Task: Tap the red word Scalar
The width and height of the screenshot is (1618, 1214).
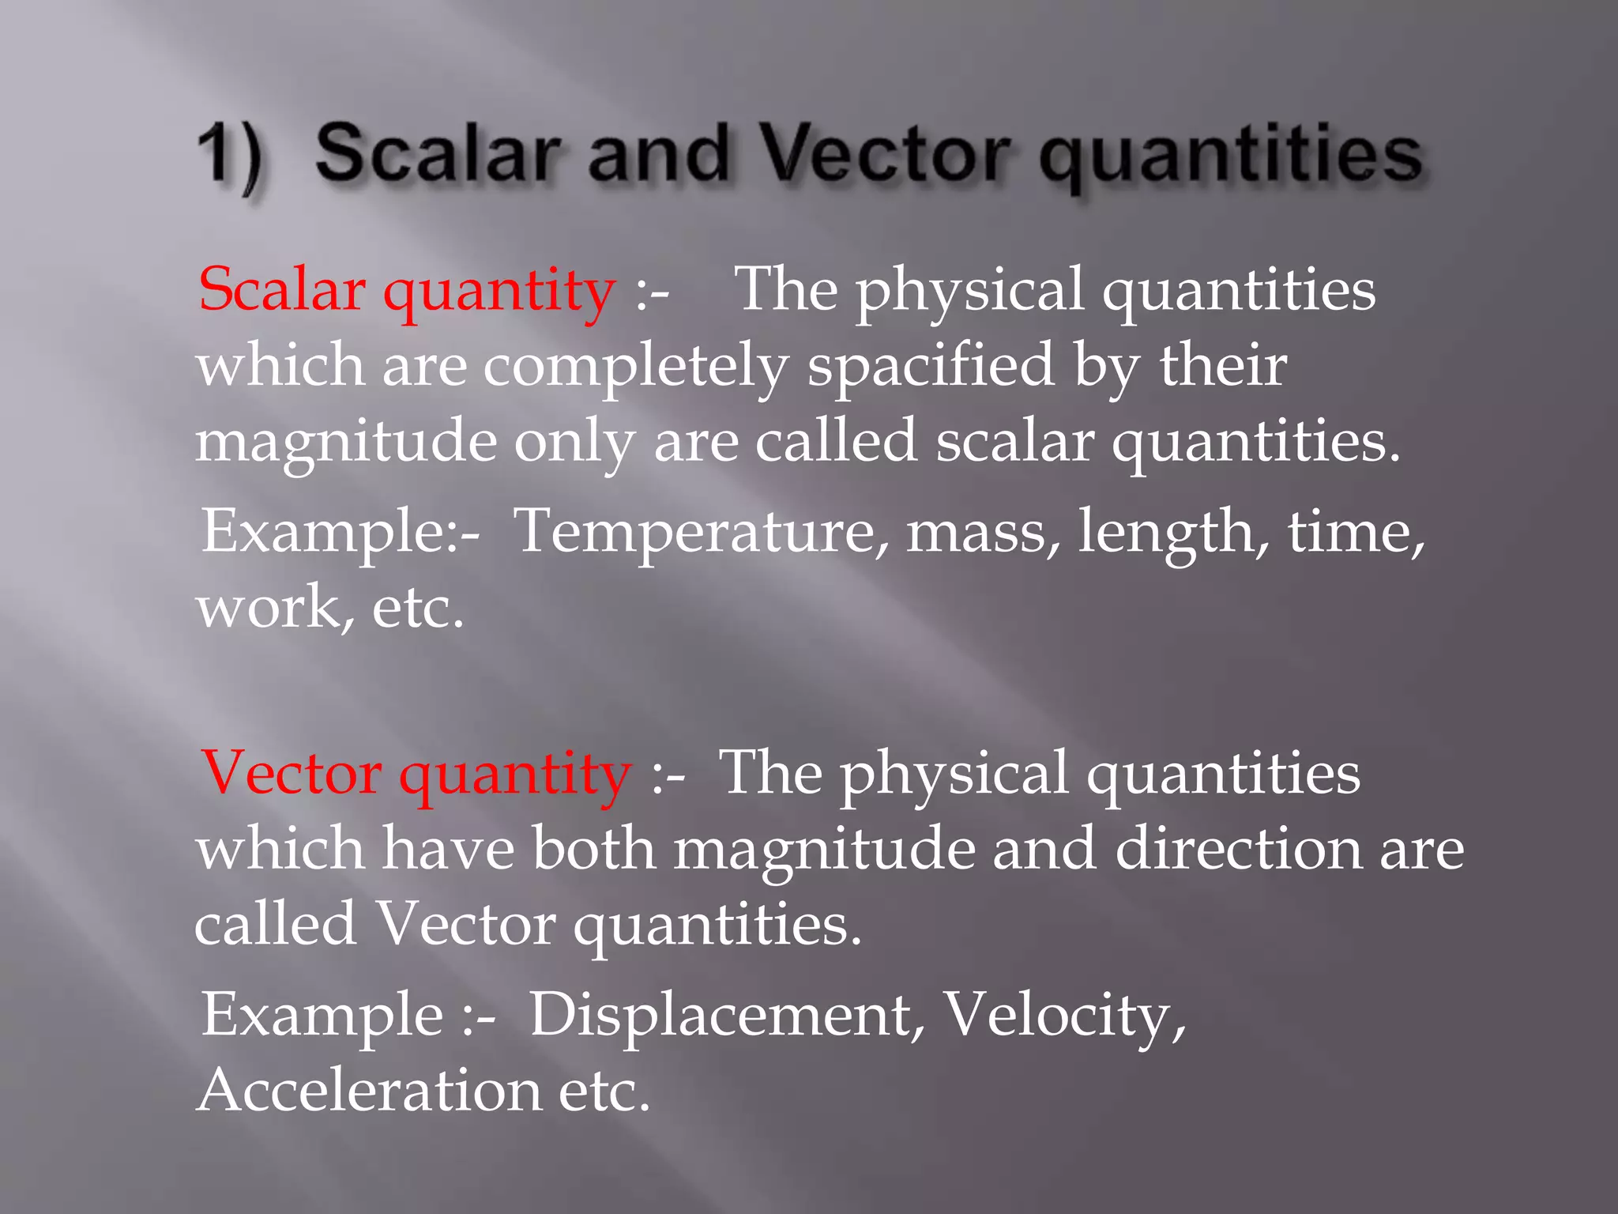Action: click(x=282, y=289)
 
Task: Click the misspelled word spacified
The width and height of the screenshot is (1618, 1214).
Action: click(x=931, y=365)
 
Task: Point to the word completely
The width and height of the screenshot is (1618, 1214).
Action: click(x=636, y=365)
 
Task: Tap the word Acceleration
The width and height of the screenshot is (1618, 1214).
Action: click(x=368, y=1090)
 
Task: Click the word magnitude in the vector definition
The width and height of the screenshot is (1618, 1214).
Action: click(x=824, y=849)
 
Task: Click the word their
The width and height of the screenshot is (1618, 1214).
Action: click(x=1223, y=365)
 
